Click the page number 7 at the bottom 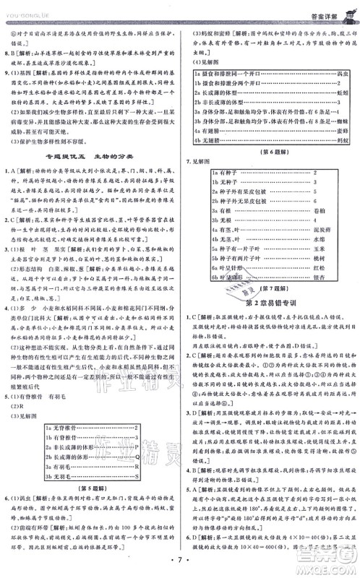tap(179, 560)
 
